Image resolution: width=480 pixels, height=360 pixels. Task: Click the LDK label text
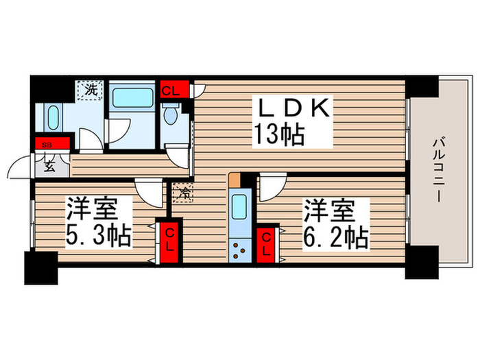click(x=294, y=109)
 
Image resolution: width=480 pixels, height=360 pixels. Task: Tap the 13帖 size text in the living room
click(x=280, y=135)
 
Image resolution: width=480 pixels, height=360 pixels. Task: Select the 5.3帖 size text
click(x=99, y=237)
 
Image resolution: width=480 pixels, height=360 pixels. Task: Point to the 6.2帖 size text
click(x=337, y=237)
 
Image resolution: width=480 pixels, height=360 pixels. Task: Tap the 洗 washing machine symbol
click(x=91, y=89)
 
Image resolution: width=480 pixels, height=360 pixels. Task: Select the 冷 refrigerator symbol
click(x=183, y=194)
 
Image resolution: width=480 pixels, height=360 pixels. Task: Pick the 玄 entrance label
click(x=50, y=165)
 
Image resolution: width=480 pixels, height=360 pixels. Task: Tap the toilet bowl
click(x=171, y=115)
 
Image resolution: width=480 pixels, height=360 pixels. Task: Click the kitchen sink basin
click(x=241, y=206)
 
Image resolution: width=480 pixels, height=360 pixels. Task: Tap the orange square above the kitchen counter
click(x=235, y=180)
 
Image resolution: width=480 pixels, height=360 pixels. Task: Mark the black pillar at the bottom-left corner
click(x=40, y=267)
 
